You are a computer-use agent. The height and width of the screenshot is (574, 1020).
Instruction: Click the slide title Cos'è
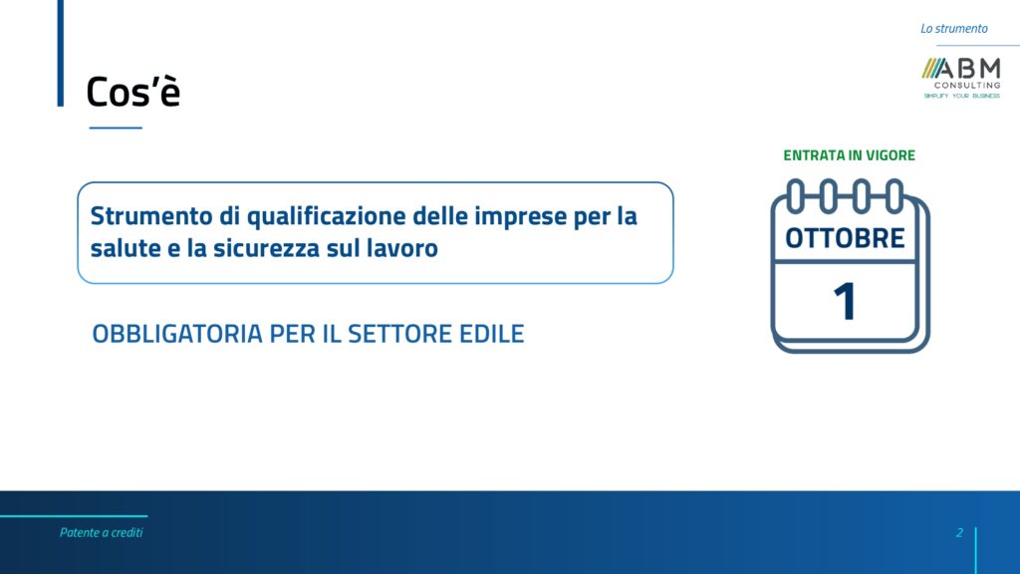point(132,91)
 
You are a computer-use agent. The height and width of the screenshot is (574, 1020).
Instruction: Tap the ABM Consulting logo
point(961,78)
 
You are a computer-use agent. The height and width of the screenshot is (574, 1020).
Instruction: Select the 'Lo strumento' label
point(953,29)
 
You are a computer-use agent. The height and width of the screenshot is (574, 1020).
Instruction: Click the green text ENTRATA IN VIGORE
point(849,155)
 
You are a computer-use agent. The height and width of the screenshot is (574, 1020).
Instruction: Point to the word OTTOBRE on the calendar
point(845,238)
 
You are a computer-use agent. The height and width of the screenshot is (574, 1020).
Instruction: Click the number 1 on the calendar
point(845,301)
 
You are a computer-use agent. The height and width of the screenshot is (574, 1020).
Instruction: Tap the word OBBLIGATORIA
point(177,334)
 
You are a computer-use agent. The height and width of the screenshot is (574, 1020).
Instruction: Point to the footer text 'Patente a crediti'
point(101,532)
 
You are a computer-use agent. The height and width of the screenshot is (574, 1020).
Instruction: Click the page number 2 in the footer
point(959,532)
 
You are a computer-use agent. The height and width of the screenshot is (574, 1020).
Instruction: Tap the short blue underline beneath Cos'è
point(116,128)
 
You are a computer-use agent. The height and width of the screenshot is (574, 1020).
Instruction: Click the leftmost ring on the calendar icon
point(796,196)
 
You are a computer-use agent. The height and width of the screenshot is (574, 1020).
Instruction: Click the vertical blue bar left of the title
point(61,53)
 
